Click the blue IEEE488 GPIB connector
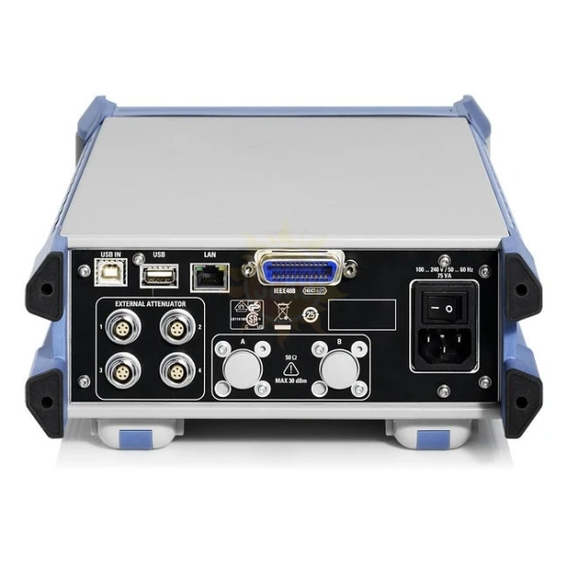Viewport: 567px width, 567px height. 297,271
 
